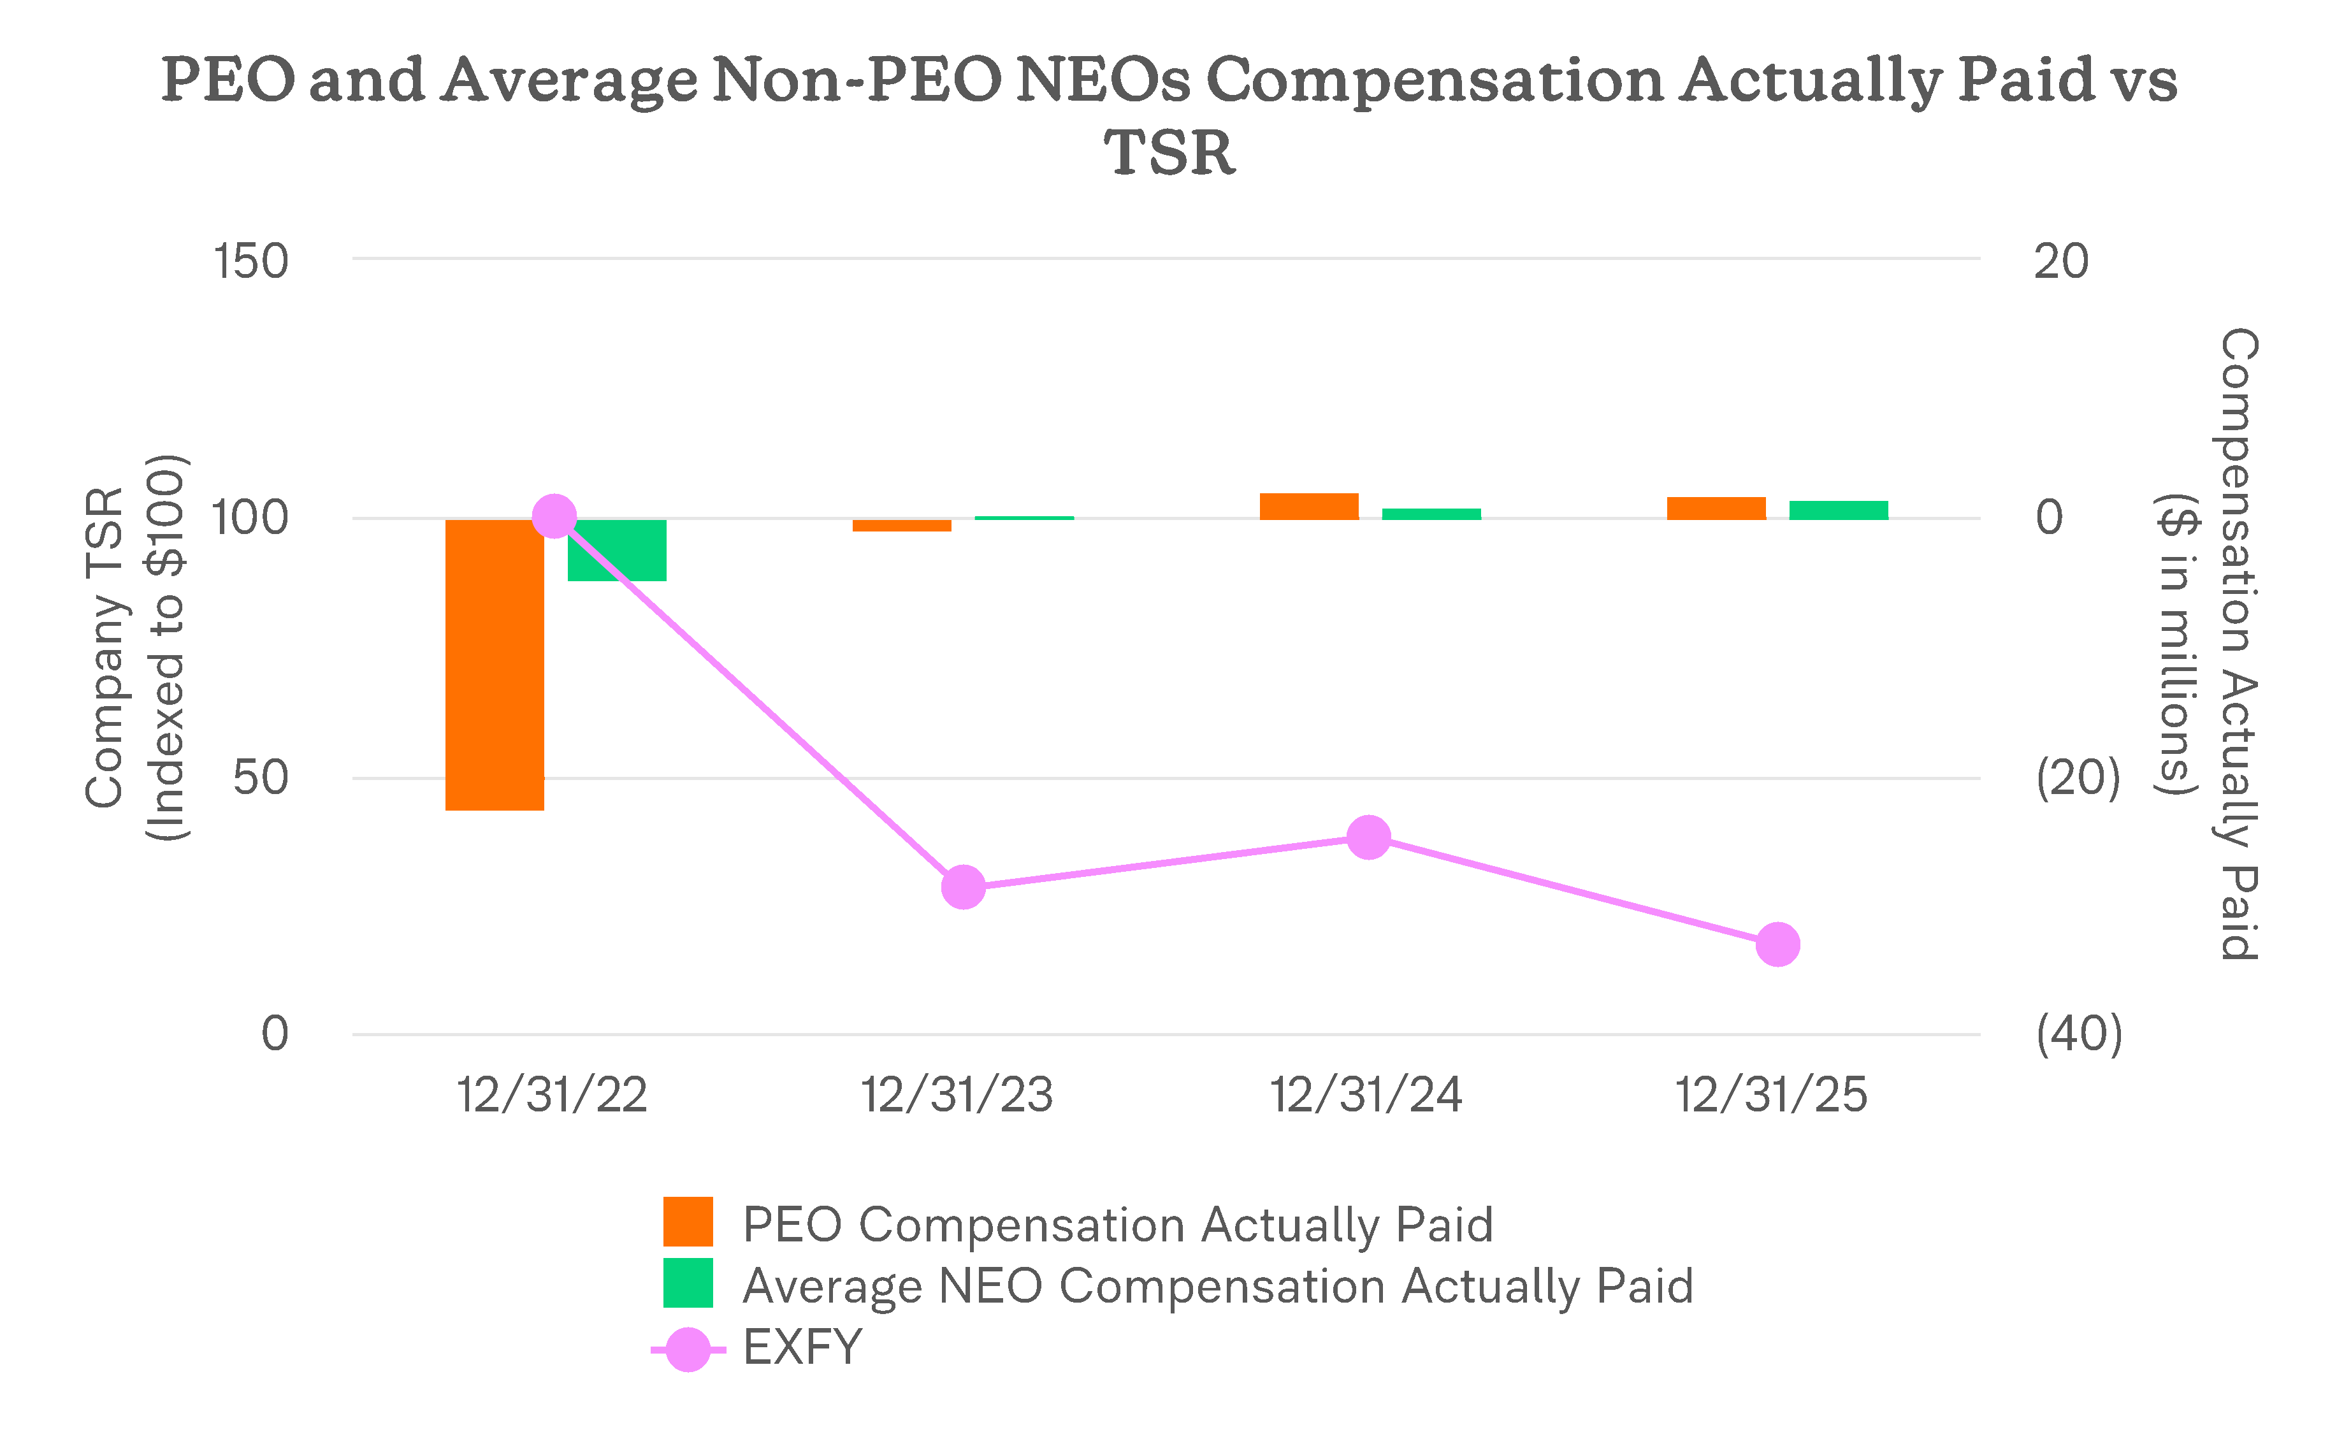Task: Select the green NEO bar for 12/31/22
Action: tap(616, 550)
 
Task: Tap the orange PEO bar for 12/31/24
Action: tap(1309, 507)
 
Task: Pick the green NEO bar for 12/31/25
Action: tap(1839, 510)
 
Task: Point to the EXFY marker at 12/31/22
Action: tap(554, 517)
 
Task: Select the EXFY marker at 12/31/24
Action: tap(1368, 837)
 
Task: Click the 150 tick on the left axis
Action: tap(250, 261)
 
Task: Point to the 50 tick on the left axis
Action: tap(259, 777)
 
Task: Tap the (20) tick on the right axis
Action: tap(2078, 777)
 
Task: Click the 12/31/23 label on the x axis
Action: tap(957, 1095)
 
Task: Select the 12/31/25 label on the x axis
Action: tap(1771, 1095)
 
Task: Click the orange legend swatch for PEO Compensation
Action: tap(688, 1222)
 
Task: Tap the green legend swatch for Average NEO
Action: tap(688, 1283)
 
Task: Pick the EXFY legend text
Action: tap(802, 1347)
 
